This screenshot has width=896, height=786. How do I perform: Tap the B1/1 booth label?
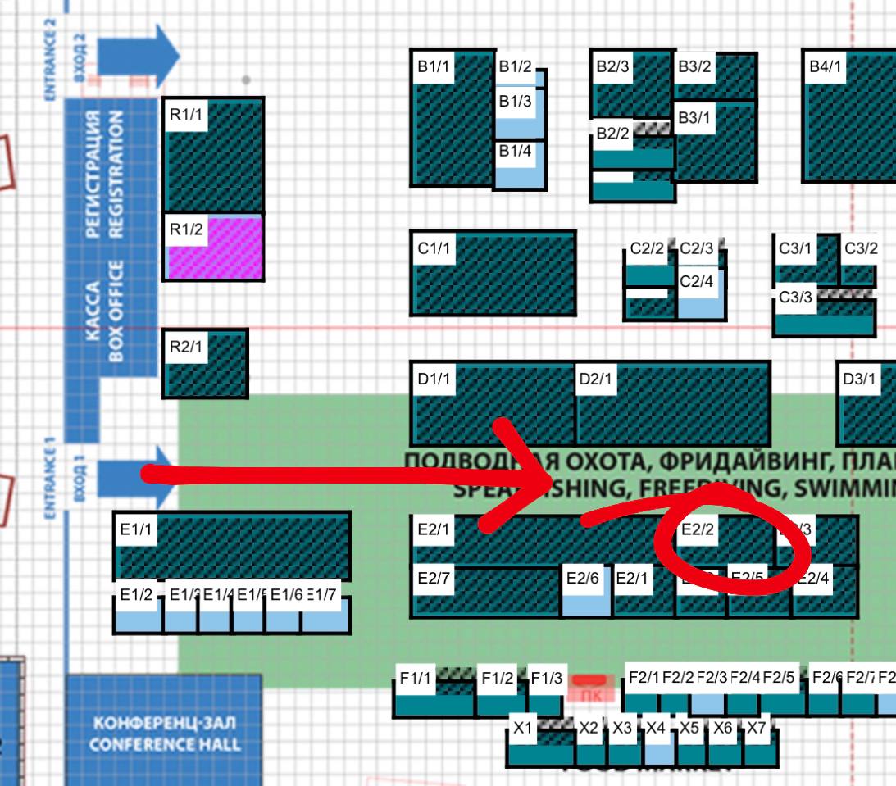[x=433, y=67]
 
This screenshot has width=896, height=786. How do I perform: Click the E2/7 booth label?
[x=433, y=578]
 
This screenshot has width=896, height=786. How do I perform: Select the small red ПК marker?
[x=590, y=687]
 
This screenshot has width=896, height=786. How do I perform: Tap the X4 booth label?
[x=655, y=727]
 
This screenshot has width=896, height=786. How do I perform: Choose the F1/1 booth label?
[x=415, y=678]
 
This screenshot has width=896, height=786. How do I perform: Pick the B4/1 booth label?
[x=825, y=67]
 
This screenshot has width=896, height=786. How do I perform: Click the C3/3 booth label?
[x=794, y=298]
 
